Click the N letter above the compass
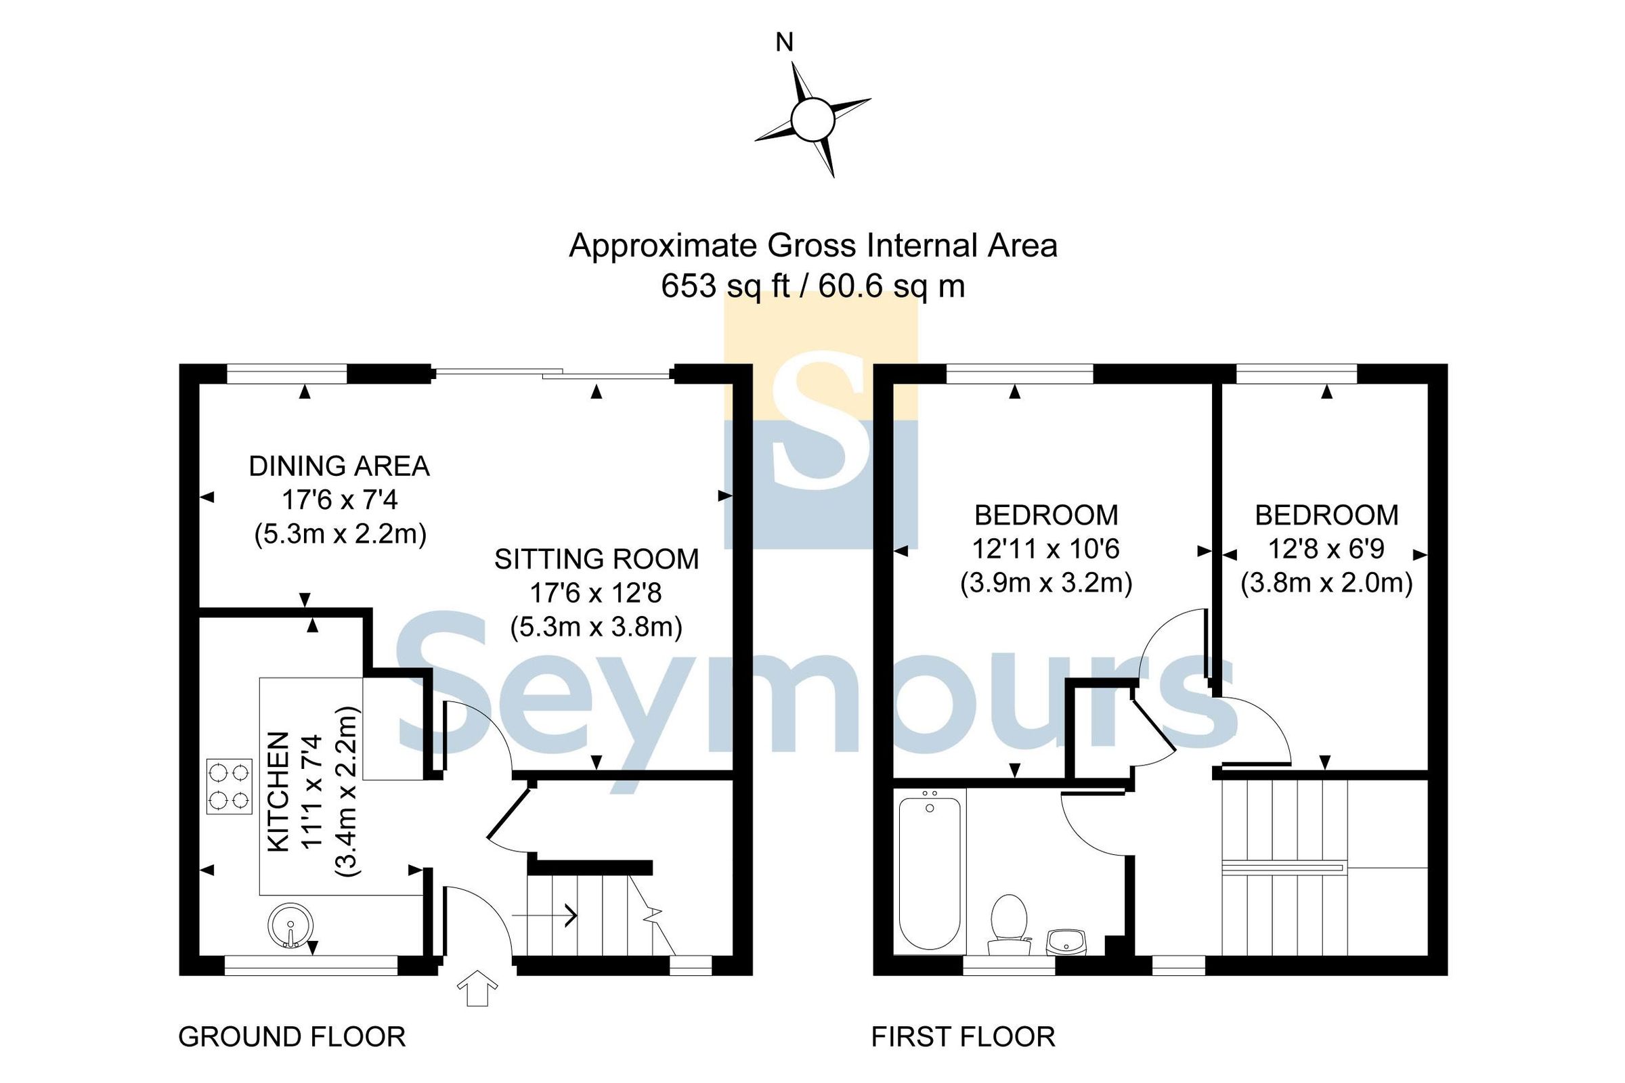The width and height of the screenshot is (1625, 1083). tap(784, 43)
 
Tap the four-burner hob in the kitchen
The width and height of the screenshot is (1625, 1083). tap(229, 787)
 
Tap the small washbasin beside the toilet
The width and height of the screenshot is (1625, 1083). tap(1067, 942)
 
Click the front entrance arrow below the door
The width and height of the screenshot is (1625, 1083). tap(477, 988)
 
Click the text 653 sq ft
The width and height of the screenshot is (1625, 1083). tap(724, 286)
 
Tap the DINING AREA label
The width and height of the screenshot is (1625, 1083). tap(339, 466)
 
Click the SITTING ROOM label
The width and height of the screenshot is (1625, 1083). tap(597, 559)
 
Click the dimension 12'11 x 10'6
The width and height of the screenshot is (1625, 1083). tap(1045, 549)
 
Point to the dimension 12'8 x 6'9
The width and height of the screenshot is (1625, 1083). tap(1326, 549)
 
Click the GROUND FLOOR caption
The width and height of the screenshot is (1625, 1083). tap(292, 1037)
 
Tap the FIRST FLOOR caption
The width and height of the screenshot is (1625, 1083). tap(963, 1037)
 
